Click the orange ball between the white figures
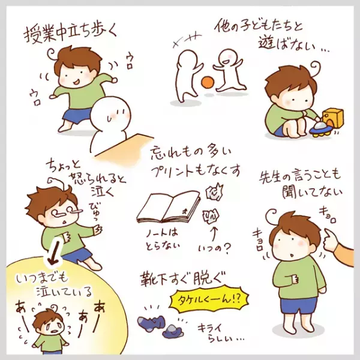pyautogui.click(x=208, y=82)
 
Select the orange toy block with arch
pyautogui.click(x=333, y=118)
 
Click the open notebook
pyautogui.click(x=168, y=207)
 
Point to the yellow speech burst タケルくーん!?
pyautogui.click(x=209, y=299)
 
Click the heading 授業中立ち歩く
pyautogui.click(x=70, y=34)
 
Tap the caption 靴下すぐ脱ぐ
pyautogui.click(x=181, y=279)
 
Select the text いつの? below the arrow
pyautogui.click(x=214, y=248)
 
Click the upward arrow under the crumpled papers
pyautogui.click(x=214, y=233)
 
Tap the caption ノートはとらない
pyautogui.click(x=163, y=239)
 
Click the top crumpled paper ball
pyautogui.click(x=214, y=191)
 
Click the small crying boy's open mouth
pyautogui.click(x=55, y=332)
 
